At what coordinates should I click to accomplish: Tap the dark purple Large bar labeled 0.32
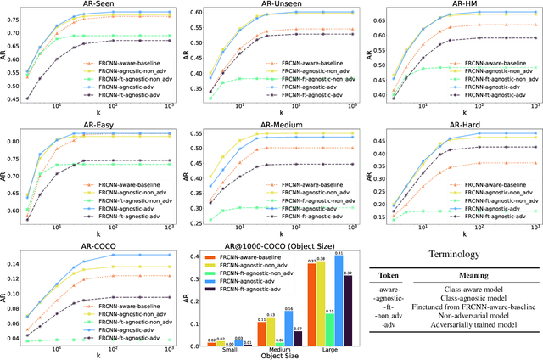coord(347,311)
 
